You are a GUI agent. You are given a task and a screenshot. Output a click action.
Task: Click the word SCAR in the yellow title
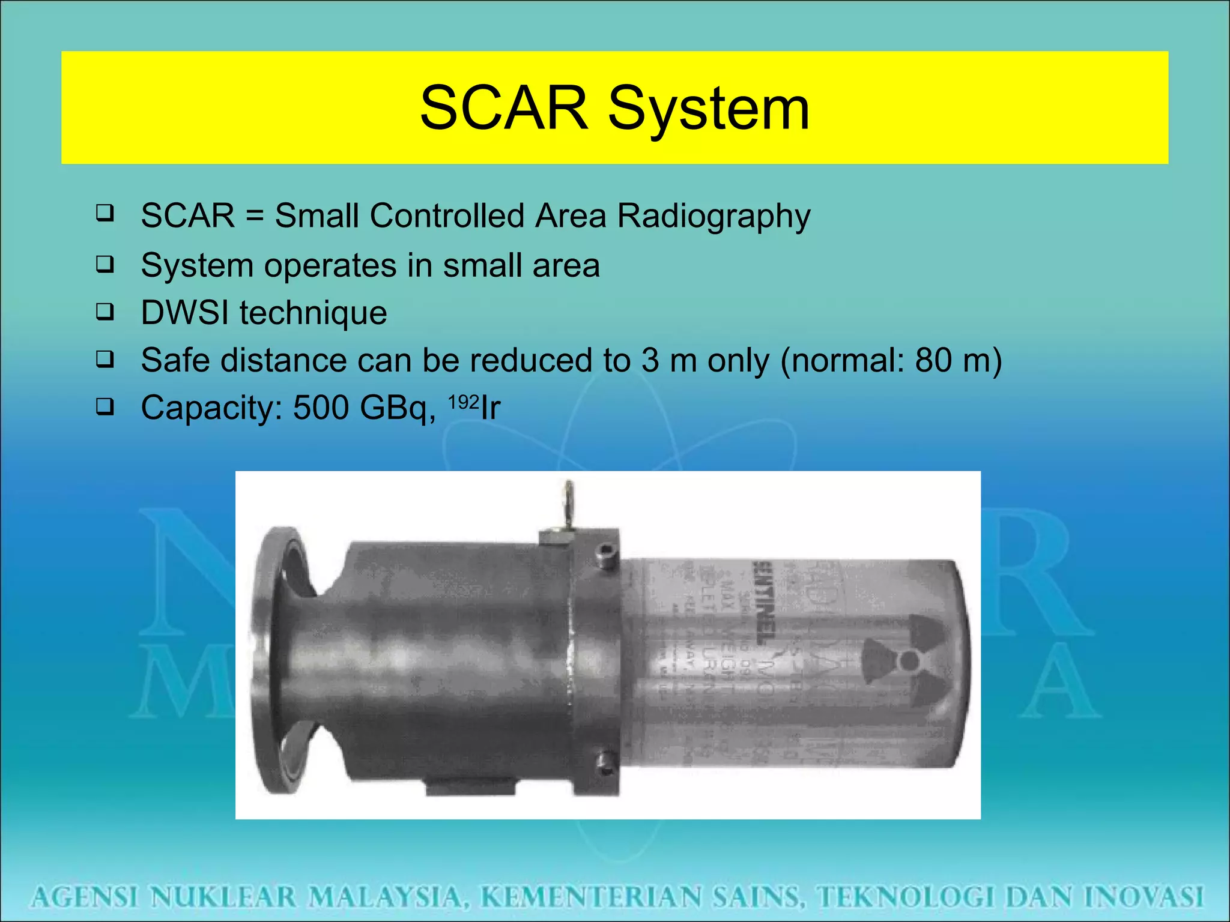click(503, 108)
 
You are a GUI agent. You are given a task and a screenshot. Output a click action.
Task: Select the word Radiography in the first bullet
click(713, 216)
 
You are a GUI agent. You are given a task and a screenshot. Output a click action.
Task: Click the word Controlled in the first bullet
click(446, 215)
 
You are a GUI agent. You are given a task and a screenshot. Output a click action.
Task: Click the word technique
click(313, 313)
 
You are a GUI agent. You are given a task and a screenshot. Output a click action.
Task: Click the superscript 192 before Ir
click(464, 401)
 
